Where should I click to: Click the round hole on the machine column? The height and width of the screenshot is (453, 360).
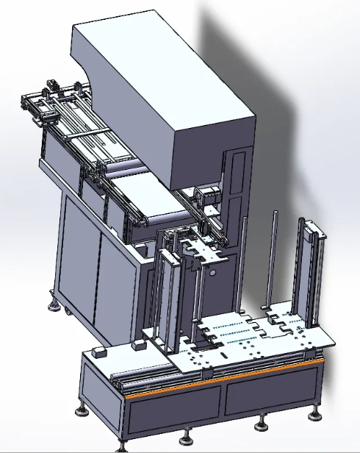(x=212, y=272)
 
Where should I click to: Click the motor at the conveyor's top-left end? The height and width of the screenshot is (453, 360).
(x=51, y=86)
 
